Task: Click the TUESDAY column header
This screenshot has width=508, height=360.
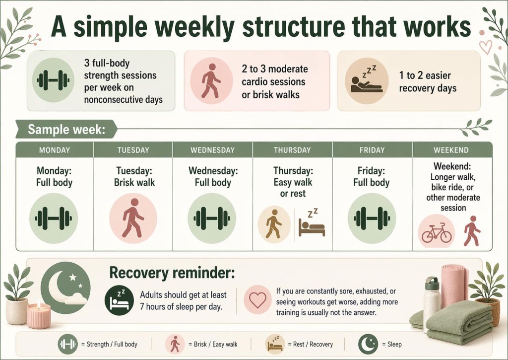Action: pyautogui.click(x=133, y=150)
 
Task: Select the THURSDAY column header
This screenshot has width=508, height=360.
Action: pyautogui.click(x=292, y=150)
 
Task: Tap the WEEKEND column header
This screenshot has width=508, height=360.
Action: pyautogui.click(x=452, y=150)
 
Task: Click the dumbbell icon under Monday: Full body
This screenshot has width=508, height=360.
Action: pyautogui.click(x=54, y=218)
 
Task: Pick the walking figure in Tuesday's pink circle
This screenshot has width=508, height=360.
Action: pyautogui.click(x=132, y=218)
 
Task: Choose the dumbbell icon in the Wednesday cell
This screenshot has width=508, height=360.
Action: pyautogui.click(x=212, y=218)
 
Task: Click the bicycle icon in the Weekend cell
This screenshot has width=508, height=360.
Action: pyautogui.click(x=437, y=232)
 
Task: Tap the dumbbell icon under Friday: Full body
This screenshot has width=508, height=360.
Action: pyautogui.click(x=372, y=218)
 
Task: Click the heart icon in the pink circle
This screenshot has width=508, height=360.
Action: pyautogui.click(x=257, y=300)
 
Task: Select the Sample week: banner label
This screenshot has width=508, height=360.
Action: pyautogui.click(x=66, y=130)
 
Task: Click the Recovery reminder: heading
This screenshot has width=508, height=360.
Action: pyautogui.click(x=172, y=273)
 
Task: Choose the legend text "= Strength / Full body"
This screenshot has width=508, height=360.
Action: pyautogui.click(x=112, y=344)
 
